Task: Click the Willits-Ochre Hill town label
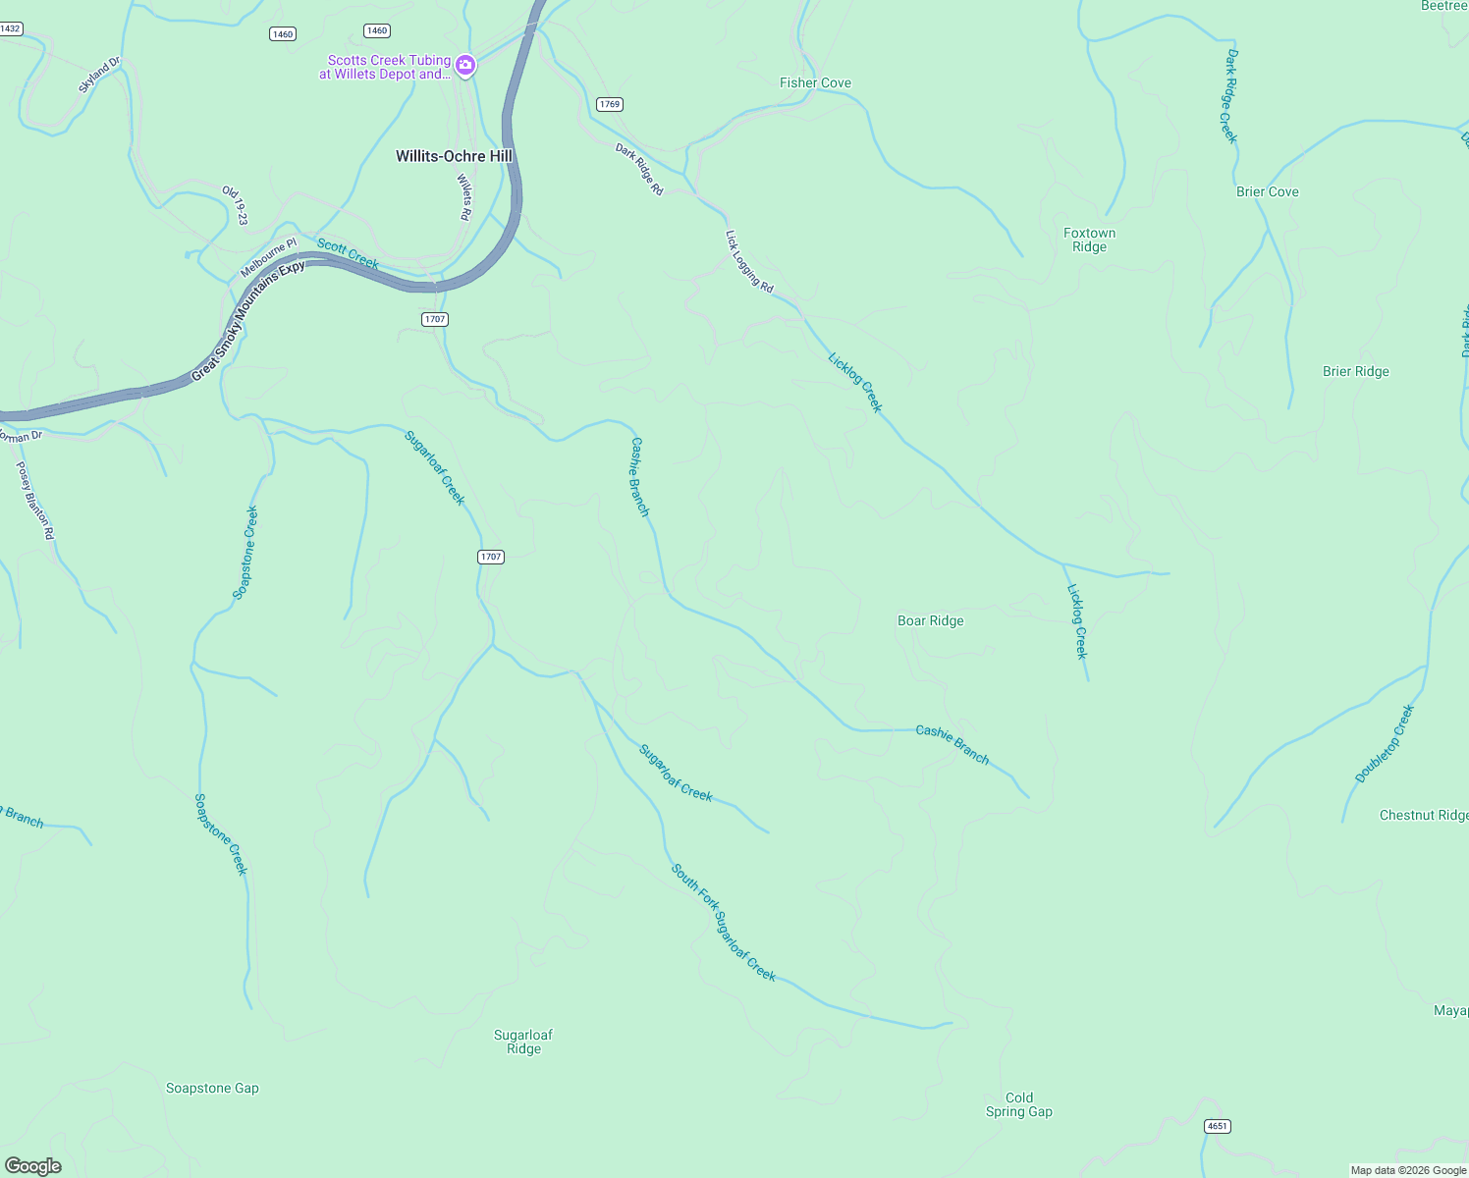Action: pos(454,156)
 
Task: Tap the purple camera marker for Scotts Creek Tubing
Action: pos(465,67)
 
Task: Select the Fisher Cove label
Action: pos(815,83)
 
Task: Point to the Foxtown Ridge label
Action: pos(1089,240)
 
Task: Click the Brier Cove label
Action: pos(1267,192)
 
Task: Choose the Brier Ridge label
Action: pos(1355,372)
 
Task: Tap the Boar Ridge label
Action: pos(930,621)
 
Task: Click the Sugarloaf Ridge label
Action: pos(523,1042)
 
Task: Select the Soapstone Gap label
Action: pos(212,1089)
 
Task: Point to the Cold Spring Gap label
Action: pos(1019,1104)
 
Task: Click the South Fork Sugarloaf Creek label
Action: pos(724,922)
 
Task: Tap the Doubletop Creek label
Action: pos(1385,743)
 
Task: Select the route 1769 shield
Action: pos(610,104)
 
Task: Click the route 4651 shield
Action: pos(1217,1126)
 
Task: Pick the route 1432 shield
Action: pos(10,29)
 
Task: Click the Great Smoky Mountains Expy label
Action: pos(248,321)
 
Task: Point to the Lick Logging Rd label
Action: pos(749,262)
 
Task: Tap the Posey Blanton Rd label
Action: pos(35,501)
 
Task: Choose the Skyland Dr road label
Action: pos(99,76)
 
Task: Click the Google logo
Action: pos(33,1165)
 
